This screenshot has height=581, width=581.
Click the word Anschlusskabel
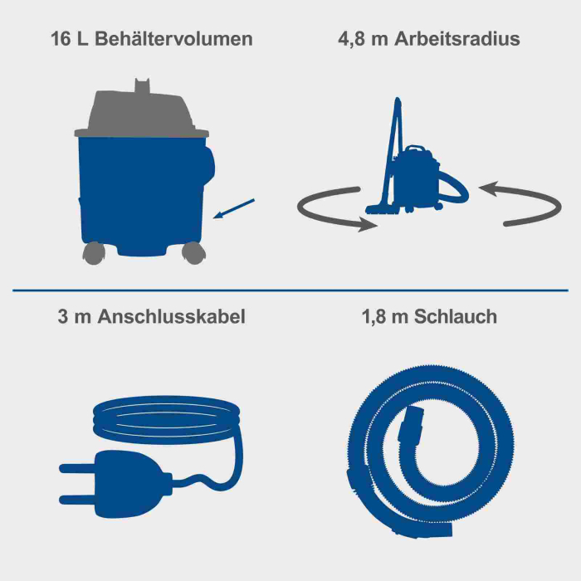[x=172, y=317]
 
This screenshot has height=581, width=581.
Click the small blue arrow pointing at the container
[x=235, y=209]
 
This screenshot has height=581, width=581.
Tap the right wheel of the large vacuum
[x=192, y=251]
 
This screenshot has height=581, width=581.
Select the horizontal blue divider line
[x=290, y=290]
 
